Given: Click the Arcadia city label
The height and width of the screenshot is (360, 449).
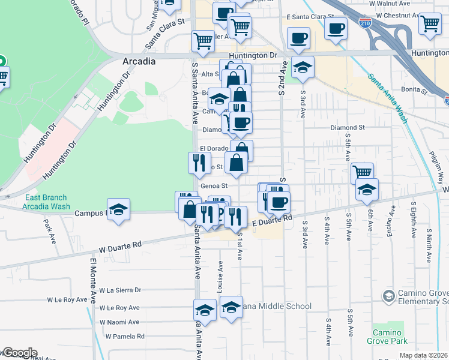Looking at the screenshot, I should point(139,61).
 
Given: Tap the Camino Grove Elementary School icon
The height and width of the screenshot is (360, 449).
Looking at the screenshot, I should point(390,295).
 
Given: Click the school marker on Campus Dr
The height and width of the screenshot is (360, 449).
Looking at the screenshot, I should point(119,209).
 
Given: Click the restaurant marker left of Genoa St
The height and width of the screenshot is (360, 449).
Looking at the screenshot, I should point(199,163).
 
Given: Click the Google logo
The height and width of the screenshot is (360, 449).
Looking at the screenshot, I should point(19,353).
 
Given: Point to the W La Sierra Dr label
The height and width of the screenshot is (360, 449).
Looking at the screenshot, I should point(120,290).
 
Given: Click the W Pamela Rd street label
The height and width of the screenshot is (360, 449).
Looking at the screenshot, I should point(125,337).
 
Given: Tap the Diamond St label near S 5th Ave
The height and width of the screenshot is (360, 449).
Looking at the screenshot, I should point(348,128).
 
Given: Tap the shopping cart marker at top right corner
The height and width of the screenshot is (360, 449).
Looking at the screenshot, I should point(430,23).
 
